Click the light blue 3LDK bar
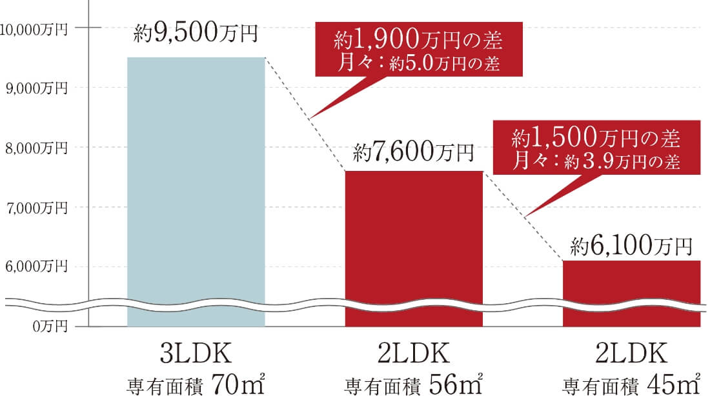pyautogui.click(x=196, y=187)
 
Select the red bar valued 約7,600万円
pyautogui.click(x=414, y=245)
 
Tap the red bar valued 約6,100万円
pyautogui.click(x=631, y=290)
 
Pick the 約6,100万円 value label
pyautogui.click(x=631, y=246)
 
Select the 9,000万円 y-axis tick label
pyautogui.click(x=37, y=88)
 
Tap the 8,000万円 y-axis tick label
pyautogui.click(x=37, y=148)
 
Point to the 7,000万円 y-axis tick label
pyautogui.click(x=37, y=208)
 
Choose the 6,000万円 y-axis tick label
pyautogui.click(x=37, y=266)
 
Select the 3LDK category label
pyautogui.click(x=196, y=355)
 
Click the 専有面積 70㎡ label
pyautogui.click(x=196, y=385)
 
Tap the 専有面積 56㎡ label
pyautogui.click(x=414, y=385)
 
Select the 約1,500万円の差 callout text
pyautogui.click(x=596, y=137)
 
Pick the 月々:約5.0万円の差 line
pyautogui.click(x=418, y=64)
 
